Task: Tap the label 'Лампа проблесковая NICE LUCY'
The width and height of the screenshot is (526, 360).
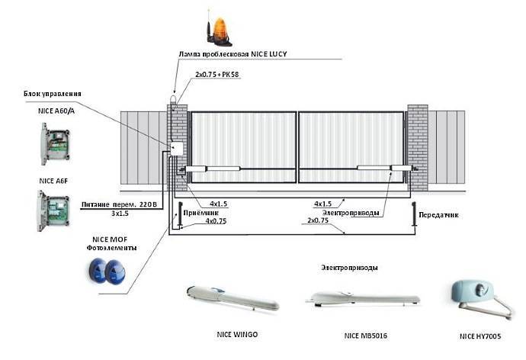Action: click(x=232, y=54)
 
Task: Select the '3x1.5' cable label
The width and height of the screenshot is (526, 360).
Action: click(x=117, y=214)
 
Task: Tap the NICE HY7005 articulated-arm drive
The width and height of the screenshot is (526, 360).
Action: click(x=479, y=297)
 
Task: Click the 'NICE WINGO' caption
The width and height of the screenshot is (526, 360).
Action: click(x=237, y=333)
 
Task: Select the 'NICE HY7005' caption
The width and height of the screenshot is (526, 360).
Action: click(x=481, y=336)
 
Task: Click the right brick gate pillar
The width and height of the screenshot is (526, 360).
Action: click(x=418, y=148)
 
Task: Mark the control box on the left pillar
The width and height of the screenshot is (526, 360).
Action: click(x=177, y=150)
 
